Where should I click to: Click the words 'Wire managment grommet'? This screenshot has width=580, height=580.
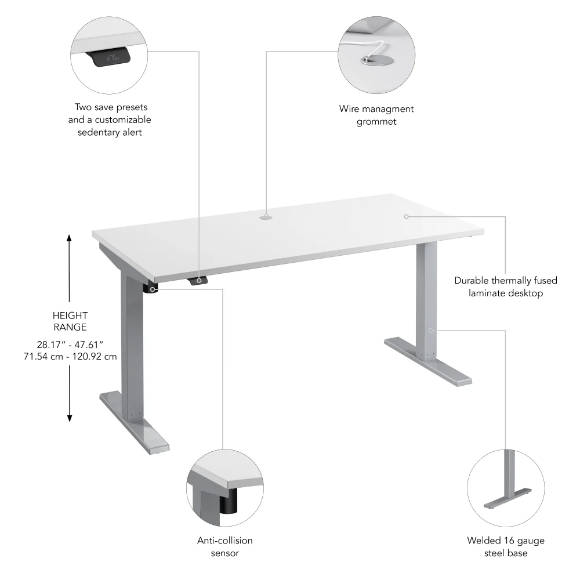tap(376, 115)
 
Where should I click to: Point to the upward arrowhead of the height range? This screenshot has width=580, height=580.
tap(70, 238)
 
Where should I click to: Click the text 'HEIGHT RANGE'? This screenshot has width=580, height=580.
tap(70, 321)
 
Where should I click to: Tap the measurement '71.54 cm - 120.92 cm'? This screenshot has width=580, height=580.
tap(70, 356)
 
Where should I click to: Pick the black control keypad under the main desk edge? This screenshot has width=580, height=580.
tap(198, 281)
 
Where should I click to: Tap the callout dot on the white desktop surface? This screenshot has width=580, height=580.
tap(406, 216)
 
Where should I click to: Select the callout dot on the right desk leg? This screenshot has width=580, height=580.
tap(431, 330)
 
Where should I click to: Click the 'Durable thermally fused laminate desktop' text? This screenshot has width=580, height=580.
tap(506, 287)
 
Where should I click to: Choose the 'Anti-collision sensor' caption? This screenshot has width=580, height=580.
tap(225, 546)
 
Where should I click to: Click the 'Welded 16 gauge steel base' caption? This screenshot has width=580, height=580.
tap(506, 546)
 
